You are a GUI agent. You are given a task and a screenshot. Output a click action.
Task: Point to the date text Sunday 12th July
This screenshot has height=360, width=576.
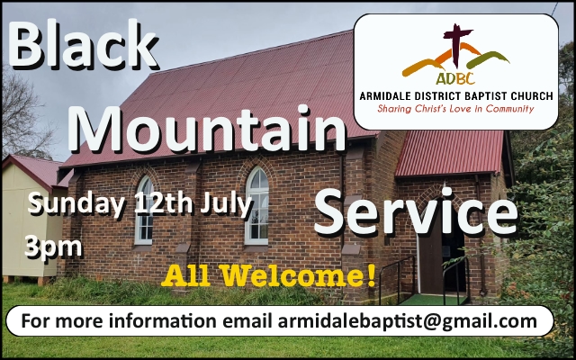tap(140, 204)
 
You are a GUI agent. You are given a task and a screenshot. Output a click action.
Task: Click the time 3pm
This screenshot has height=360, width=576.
tap(53, 247)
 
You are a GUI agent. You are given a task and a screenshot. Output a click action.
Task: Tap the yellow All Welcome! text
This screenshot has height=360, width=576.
tap(269, 275)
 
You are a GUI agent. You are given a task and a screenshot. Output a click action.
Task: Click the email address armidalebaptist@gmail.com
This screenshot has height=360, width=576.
tap(407, 320)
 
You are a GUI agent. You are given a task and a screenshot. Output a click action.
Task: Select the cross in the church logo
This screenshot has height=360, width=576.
tap(456, 46)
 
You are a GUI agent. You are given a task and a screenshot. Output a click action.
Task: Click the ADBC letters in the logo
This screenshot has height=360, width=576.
tap(455, 77)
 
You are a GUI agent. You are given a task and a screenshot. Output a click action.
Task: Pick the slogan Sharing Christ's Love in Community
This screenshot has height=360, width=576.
tap(455, 109)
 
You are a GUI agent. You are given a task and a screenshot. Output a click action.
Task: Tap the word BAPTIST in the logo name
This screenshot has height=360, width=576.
tap(481, 96)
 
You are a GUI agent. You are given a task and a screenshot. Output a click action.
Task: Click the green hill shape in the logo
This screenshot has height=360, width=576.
tap(488, 59)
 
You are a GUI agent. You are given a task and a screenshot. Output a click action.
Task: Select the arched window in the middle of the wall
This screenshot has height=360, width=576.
tap(257, 206)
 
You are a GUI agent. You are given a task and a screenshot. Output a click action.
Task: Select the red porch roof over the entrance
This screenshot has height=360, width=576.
tap(450, 154)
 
